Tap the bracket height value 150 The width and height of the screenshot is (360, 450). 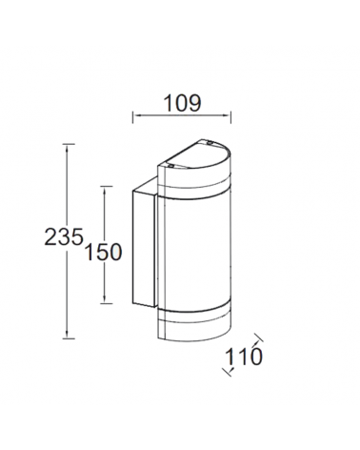tap(103, 252)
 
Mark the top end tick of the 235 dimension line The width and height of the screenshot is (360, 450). tap(67, 144)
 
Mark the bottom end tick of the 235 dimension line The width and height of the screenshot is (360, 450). tap(67, 337)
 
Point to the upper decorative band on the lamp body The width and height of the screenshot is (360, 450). tap(195, 186)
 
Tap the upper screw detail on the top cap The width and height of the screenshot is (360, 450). tap(203, 144)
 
